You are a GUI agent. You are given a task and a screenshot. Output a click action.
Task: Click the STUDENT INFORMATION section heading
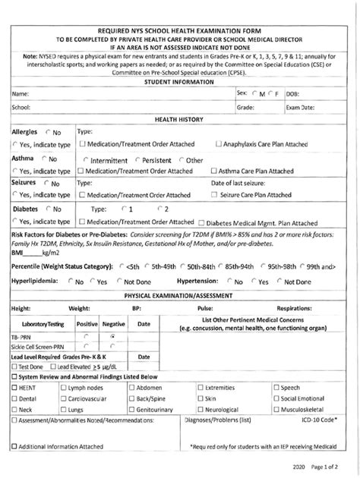(180, 81)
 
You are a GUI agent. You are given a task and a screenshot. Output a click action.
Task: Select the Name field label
(21, 93)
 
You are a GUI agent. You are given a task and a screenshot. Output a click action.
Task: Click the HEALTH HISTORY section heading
(180, 119)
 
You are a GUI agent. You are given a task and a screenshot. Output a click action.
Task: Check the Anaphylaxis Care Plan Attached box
(219, 144)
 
